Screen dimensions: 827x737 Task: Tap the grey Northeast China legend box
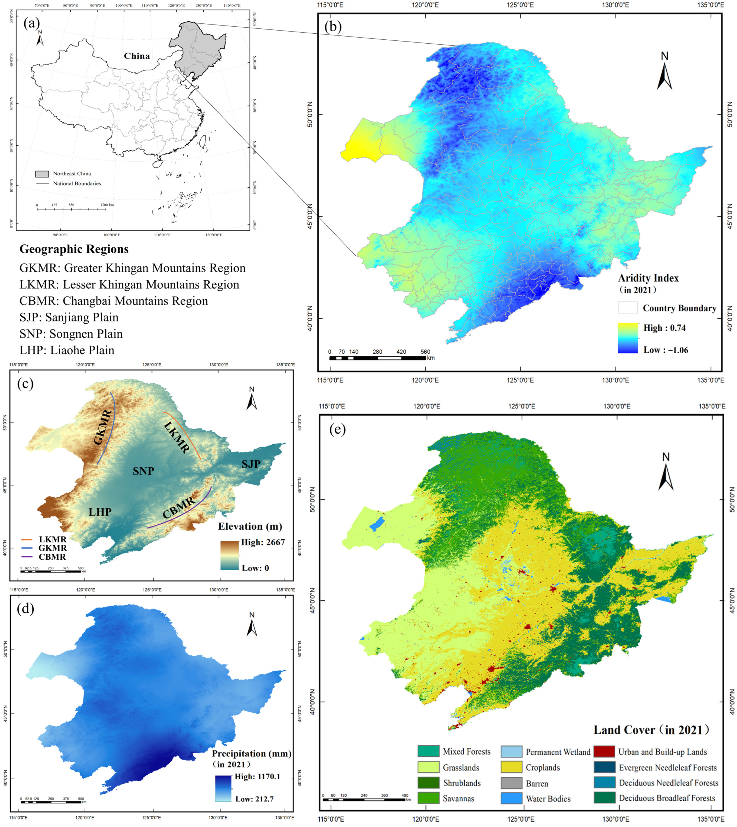tap(42, 174)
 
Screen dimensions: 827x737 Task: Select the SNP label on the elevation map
tap(143, 471)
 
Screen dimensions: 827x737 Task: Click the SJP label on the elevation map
tap(251, 464)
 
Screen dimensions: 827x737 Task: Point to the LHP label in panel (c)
tap(100, 512)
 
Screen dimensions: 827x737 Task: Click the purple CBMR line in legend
tap(27, 557)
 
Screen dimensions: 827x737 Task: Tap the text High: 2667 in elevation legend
tap(263, 542)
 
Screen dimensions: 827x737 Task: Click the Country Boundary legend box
tap(628, 308)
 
